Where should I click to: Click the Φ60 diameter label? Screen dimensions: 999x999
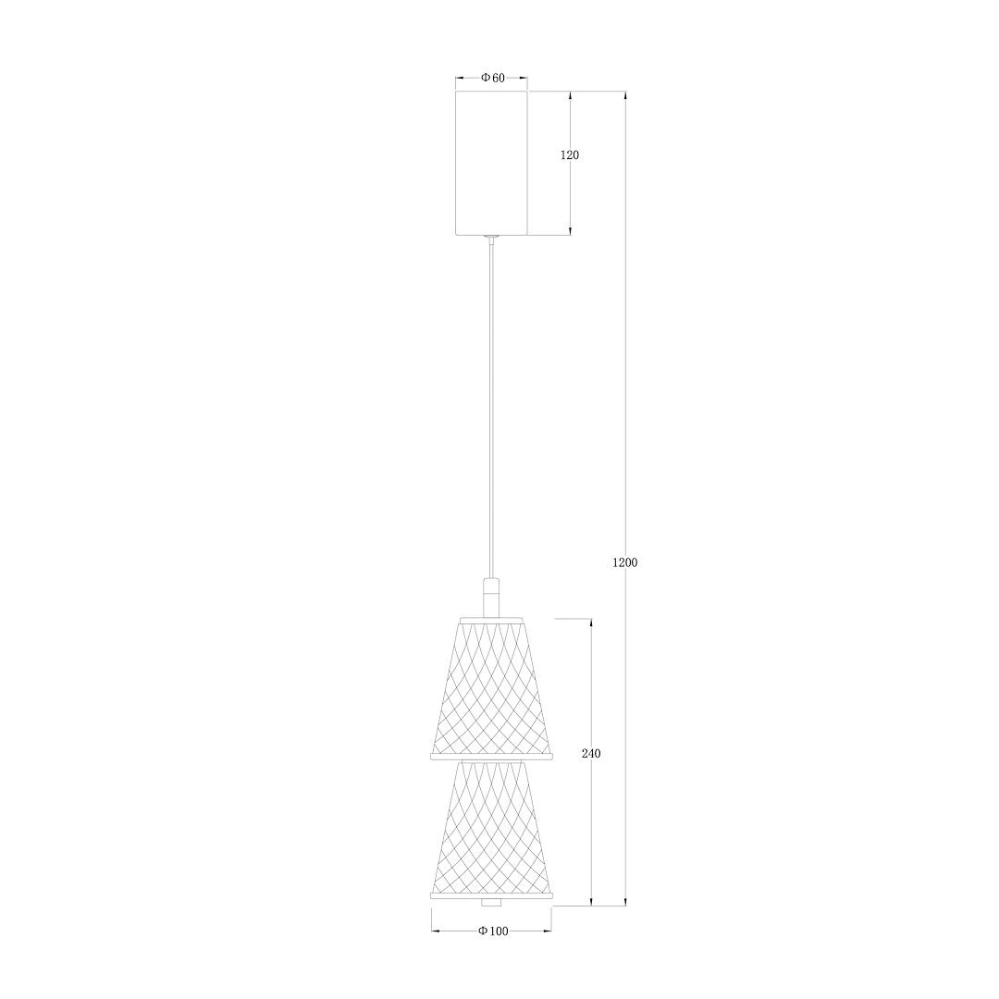coord(492,78)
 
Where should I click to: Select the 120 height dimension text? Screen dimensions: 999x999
coord(570,154)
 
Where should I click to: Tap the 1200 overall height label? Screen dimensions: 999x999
coord(624,562)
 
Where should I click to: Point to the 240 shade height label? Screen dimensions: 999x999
coord(591,753)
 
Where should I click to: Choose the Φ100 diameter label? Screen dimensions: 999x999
coord(494,931)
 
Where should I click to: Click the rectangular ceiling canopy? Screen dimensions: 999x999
coord(491,163)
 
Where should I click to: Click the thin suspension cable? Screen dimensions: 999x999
coord(490,408)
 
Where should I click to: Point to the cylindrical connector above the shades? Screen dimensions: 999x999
coord(490,598)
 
